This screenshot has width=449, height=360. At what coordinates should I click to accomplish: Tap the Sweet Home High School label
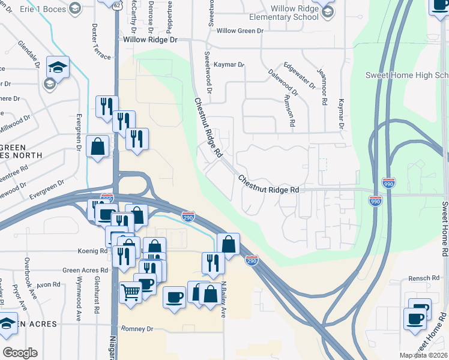[x=407, y=75]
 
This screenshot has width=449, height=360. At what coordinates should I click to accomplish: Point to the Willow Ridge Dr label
[x=151, y=40]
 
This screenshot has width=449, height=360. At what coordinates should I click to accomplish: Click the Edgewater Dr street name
[x=300, y=75]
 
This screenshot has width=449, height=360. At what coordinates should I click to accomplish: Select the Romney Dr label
[x=137, y=329]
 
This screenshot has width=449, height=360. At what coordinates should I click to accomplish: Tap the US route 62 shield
[x=116, y=4]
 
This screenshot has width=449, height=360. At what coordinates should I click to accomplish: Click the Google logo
[x=20, y=352]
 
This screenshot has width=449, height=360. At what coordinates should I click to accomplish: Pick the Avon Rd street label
[x=49, y=284]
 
